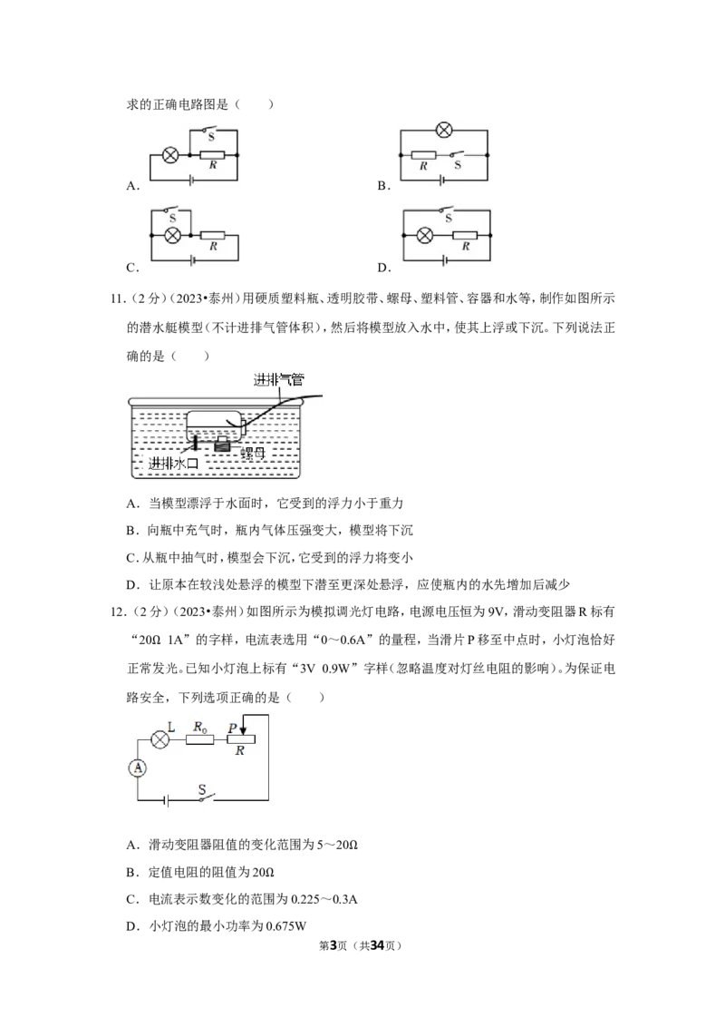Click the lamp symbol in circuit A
pyautogui.click(x=170, y=155)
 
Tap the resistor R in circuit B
pyautogui.click(x=423, y=155)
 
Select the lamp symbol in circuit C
pyautogui.click(x=172, y=236)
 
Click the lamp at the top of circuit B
pyautogui.click(x=444, y=130)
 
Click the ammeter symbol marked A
pyautogui.click(x=138, y=768)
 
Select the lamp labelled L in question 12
pyautogui.click(x=160, y=739)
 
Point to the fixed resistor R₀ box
pyautogui.click(x=199, y=739)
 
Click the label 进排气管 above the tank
pyautogui.click(x=279, y=379)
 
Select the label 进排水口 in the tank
pyautogui.click(x=173, y=464)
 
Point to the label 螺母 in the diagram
pyautogui.click(x=252, y=454)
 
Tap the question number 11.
pyautogui.click(x=118, y=298)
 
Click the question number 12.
pyautogui.click(x=118, y=611)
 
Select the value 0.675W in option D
pyautogui.click(x=286, y=926)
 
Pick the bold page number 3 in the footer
pyautogui.click(x=333, y=945)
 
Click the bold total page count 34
pyautogui.click(x=377, y=945)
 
